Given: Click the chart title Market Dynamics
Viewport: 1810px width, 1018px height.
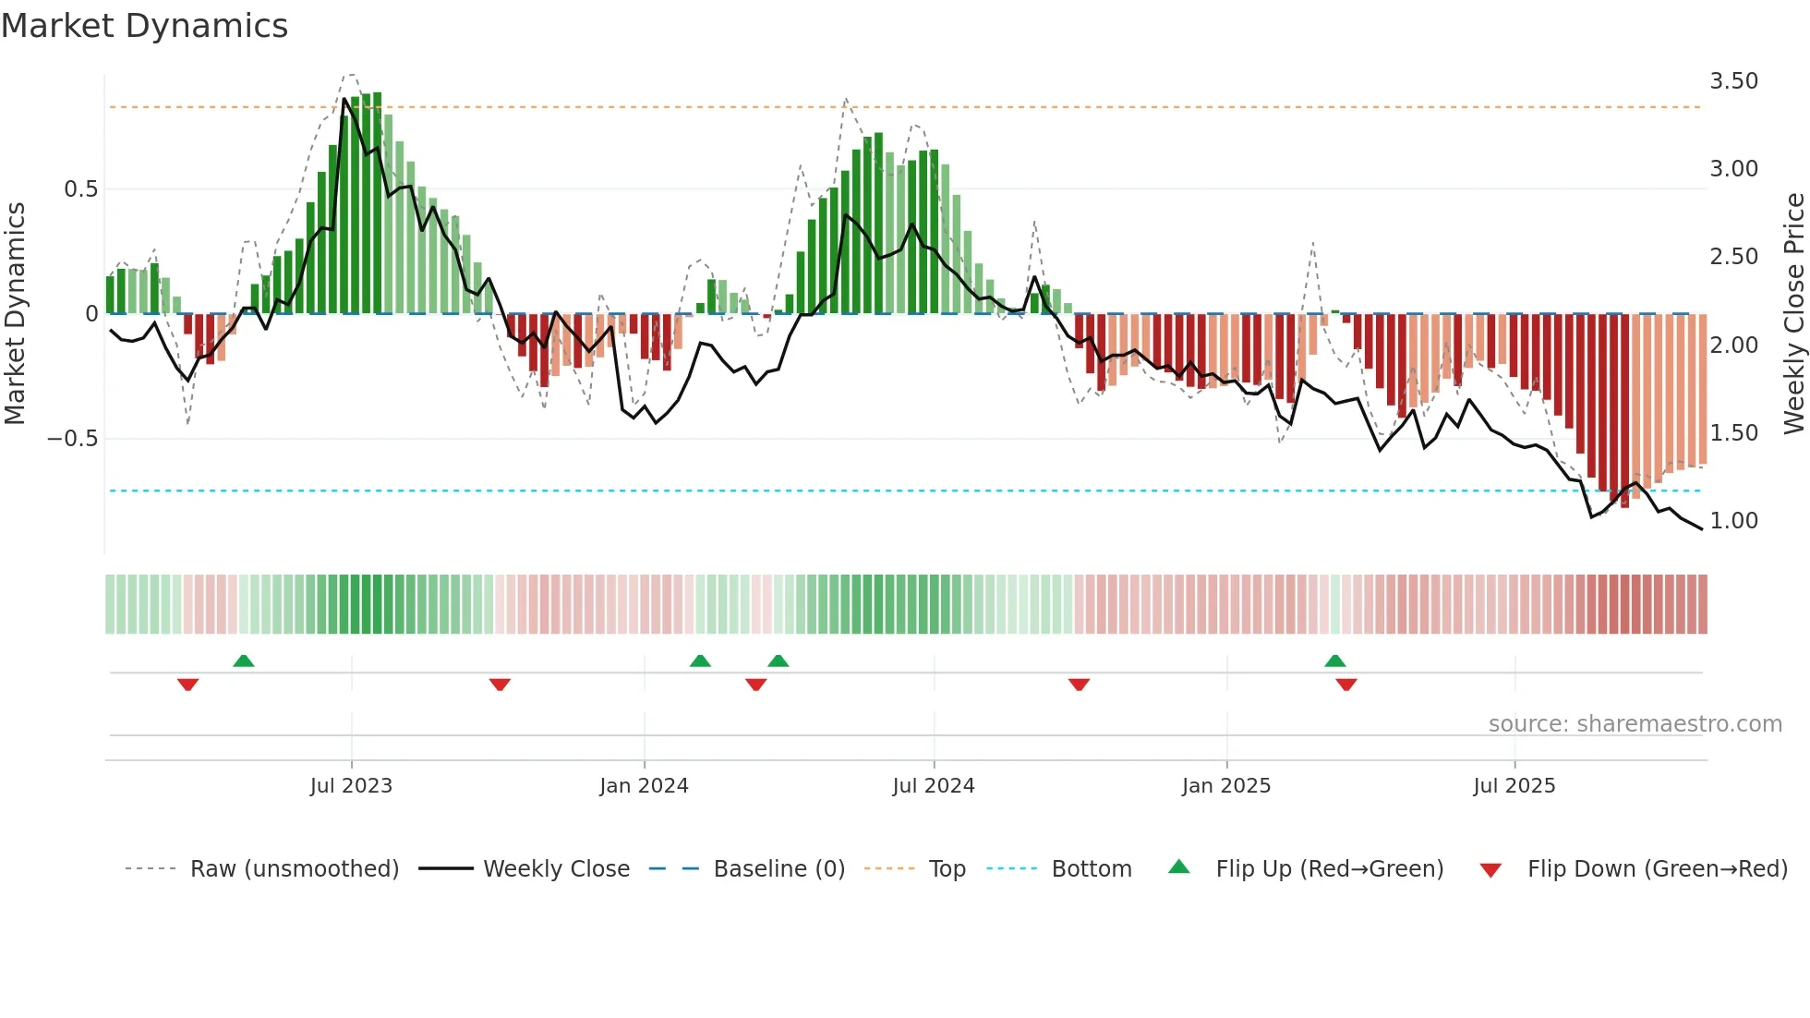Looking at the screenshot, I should [145, 26].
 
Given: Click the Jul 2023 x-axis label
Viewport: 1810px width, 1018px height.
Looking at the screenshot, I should [351, 786].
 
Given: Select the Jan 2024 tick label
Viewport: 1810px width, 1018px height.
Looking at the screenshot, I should [644, 786].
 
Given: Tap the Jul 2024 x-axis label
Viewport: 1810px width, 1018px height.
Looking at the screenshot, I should [934, 786].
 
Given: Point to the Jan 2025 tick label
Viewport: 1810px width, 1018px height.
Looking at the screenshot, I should [1226, 786].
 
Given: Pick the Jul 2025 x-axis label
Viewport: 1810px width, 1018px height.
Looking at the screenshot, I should [1514, 786].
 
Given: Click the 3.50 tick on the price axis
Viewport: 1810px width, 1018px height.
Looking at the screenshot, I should [1734, 81].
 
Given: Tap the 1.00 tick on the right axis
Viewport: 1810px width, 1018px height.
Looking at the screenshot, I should [1734, 521].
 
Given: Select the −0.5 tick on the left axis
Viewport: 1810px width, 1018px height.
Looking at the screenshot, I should [73, 439].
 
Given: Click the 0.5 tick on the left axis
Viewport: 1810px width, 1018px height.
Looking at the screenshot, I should [81, 189].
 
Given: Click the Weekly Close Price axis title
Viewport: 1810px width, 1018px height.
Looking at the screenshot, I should [1793, 314].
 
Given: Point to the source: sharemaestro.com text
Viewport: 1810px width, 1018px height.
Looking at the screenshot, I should [1635, 724].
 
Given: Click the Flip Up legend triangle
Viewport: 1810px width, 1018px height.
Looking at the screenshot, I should [1179, 867].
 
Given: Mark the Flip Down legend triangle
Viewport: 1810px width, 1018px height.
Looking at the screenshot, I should [1490, 870].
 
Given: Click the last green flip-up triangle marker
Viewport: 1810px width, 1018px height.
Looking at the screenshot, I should [1335, 661].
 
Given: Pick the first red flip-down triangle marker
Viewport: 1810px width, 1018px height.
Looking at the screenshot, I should [188, 685].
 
